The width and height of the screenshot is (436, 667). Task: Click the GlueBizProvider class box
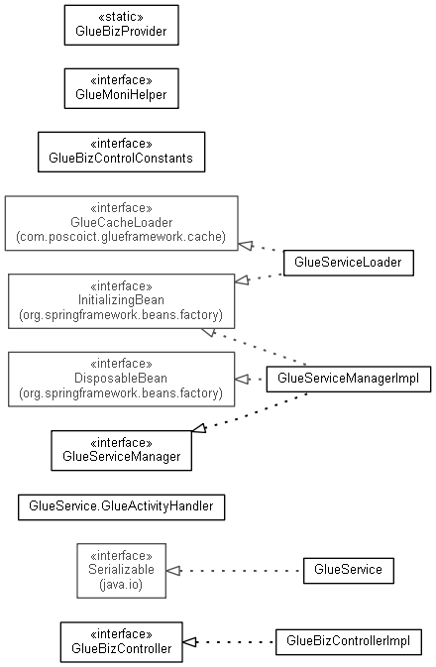(x=121, y=25)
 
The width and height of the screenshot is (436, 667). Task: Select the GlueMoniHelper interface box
(x=121, y=88)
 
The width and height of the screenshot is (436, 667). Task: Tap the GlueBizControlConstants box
(x=121, y=152)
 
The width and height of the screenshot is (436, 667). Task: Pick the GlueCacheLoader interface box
(x=121, y=223)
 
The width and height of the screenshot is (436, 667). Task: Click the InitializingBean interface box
(x=121, y=301)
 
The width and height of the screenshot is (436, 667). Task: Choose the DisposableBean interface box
(x=121, y=379)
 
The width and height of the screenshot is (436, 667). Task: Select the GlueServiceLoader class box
(x=349, y=263)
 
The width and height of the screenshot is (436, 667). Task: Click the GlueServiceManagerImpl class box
(x=349, y=379)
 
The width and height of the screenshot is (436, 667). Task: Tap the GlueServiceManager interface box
(x=121, y=451)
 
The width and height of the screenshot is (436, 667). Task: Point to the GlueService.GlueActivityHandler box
(x=121, y=507)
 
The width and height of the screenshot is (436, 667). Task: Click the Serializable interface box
(x=121, y=571)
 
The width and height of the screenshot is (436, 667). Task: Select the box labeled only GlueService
(x=349, y=571)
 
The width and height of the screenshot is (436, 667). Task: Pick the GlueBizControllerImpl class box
(x=349, y=641)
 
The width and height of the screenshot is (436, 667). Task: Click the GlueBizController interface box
(x=121, y=642)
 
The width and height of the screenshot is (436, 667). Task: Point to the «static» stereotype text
(x=121, y=17)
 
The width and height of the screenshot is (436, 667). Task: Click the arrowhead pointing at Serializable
(x=173, y=571)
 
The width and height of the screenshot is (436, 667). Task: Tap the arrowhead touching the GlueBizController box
(x=190, y=642)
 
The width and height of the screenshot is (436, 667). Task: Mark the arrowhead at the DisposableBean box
(x=242, y=379)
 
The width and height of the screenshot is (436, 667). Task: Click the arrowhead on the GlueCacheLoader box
(x=246, y=246)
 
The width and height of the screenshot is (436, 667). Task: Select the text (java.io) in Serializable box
(x=121, y=585)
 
